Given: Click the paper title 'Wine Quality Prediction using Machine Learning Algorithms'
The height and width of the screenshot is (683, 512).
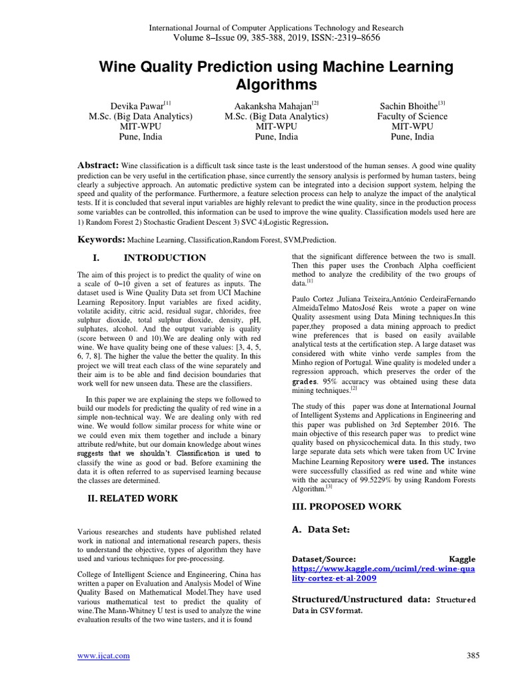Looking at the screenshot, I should tap(276, 76).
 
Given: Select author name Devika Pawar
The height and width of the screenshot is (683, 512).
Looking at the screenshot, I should tap(137, 105).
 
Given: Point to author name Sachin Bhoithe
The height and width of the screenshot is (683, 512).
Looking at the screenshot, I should tap(407, 105).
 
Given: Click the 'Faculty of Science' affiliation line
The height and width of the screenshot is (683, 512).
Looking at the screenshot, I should tap(412, 116).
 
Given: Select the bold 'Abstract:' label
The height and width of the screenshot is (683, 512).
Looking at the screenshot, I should tap(99, 165).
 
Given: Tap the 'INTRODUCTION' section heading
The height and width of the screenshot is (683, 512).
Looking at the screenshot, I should tap(165, 257).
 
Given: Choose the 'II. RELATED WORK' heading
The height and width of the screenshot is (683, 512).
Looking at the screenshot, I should tap(133, 498).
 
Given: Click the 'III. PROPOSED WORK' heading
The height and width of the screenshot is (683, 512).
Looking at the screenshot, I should tap(347, 506).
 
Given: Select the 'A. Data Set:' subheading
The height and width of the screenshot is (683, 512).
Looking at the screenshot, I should tap(322, 530).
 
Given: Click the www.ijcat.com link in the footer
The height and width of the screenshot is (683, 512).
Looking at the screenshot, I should tap(103, 656).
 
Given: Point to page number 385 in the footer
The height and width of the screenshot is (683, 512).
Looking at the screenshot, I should tap(473, 656).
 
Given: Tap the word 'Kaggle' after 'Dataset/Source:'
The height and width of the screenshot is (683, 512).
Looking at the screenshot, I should tap(463, 559).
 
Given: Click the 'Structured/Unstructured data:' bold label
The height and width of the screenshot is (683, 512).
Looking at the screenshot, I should tap(361, 600).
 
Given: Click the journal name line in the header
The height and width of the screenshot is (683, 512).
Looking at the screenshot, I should tap(275, 28).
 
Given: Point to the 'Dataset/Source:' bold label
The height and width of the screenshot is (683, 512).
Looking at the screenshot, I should tap(324, 559).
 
